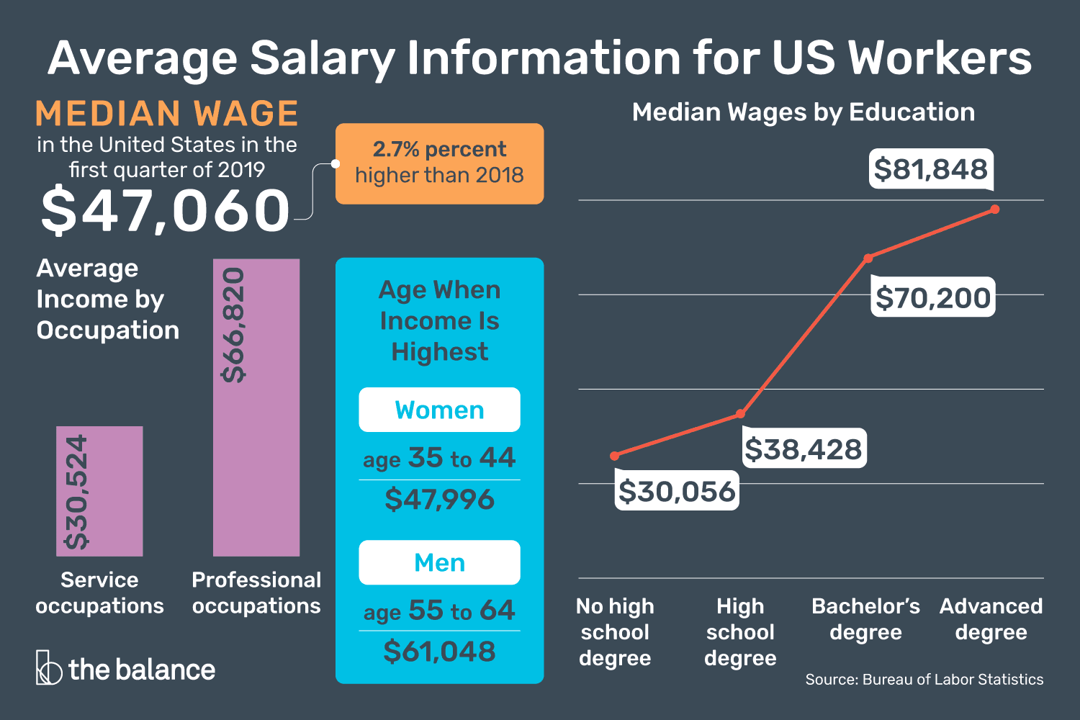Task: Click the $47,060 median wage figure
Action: (x=165, y=210)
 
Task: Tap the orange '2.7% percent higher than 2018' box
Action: (x=439, y=163)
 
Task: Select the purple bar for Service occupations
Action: (x=99, y=491)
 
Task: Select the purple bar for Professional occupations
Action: (x=256, y=407)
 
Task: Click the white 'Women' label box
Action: (x=439, y=410)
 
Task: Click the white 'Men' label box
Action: (x=439, y=562)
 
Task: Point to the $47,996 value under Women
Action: (x=439, y=499)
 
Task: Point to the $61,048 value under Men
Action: (x=439, y=652)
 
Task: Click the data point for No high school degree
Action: (x=614, y=456)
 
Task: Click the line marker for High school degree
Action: (x=740, y=414)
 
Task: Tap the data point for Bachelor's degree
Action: (x=868, y=258)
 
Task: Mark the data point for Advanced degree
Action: (x=995, y=210)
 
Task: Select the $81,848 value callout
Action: (x=930, y=169)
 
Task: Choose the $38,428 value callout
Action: (x=804, y=449)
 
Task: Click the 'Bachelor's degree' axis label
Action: (x=865, y=619)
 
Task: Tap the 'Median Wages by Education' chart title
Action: (x=804, y=112)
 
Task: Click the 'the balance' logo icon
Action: (x=48, y=667)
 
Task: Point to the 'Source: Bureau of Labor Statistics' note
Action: (x=924, y=679)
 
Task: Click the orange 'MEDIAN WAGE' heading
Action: (x=166, y=114)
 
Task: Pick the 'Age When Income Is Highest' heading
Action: (x=439, y=320)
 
